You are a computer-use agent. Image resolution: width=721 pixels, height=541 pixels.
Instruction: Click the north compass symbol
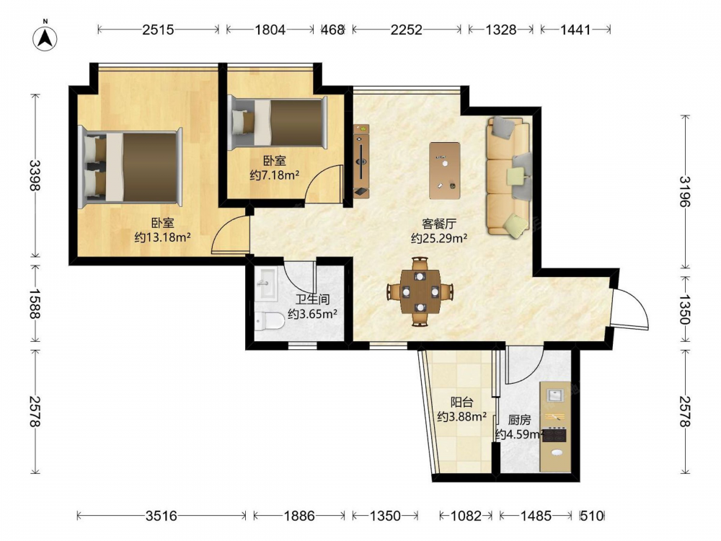click(x=45, y=38)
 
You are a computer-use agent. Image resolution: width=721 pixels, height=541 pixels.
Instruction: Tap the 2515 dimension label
click(x=158, y=30)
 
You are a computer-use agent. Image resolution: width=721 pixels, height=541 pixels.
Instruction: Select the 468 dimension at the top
click(x=332, y=30)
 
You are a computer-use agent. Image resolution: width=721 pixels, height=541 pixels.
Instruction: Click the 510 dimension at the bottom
click(x=591, y=516)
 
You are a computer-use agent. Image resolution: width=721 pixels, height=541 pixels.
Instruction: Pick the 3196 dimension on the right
click(x=685, y=191)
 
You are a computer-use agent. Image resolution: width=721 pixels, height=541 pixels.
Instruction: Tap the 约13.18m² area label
click(x=163, y=237)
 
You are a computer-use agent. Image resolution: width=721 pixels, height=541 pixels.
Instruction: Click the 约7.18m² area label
click(x=275, y=175)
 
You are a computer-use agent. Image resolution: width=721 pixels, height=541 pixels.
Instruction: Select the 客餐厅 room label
click(x=439, y=224)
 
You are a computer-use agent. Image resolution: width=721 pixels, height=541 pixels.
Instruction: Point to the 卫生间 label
click(x=312, y=299)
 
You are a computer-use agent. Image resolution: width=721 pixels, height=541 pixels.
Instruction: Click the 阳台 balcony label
click(x=461, y=402)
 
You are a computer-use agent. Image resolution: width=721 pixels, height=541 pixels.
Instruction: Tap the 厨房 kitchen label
click(x=519, y=420)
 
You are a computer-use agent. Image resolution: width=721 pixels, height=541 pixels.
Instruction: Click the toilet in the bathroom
click(x=270, y=321)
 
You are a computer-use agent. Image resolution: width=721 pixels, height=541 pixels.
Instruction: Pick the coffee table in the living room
click(x=445, y=171)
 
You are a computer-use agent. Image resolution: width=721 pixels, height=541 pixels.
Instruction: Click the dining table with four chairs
click(x=420, y=291)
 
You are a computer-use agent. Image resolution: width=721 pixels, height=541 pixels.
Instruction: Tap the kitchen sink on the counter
click(x=555, y=395)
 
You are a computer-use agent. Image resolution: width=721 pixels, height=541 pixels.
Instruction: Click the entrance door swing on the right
click(x=629, y=308)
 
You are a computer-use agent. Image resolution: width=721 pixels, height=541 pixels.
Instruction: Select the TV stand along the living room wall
click(x=361, y=161)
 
